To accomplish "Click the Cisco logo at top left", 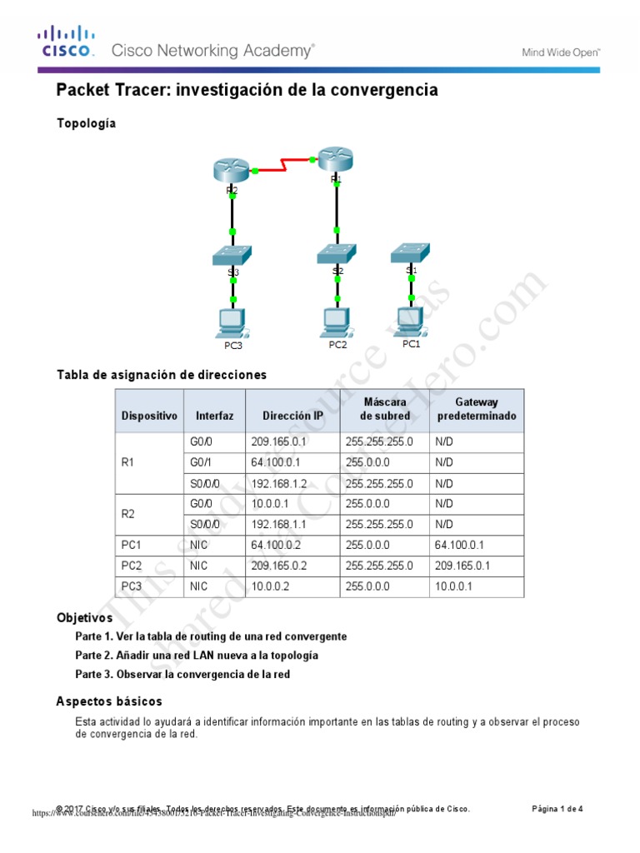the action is coord(63,42).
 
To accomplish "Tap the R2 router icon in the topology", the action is coord(232,170).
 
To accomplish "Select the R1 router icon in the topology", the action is coord(336,158).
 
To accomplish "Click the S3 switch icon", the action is coord(232,255).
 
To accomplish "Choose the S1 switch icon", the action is coord(411,252).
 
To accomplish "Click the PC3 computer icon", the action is coord(232,321).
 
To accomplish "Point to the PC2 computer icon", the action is coord(337,320).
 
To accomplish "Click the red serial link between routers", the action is coord(285,163).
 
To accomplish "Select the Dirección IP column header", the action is coord(292,415).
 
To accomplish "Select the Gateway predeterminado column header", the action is coord(476,409).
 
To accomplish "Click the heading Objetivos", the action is coord(84,618).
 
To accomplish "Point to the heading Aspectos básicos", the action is coord(109,701).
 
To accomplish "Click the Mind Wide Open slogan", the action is coord(560,52).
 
